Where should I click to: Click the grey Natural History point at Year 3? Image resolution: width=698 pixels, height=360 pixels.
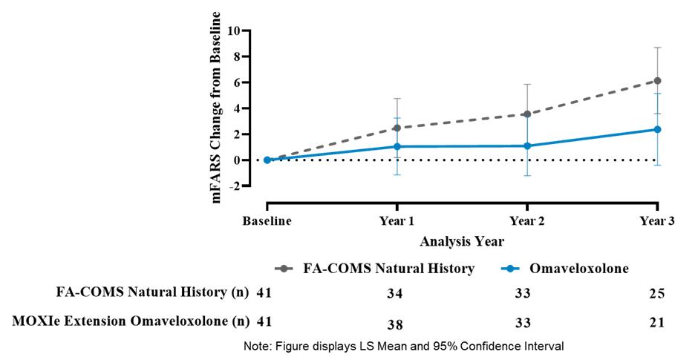tap(656, 81)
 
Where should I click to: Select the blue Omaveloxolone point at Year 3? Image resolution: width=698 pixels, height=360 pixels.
tap(656, 129)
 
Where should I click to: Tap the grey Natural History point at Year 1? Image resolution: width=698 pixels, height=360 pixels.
tap(397, 128)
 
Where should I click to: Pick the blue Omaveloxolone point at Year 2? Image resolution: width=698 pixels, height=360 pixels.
tap(526, 145)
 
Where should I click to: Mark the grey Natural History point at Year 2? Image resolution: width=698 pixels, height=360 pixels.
tap(526, 114)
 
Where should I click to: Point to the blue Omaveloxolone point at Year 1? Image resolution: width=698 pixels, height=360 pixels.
tap(397, 146)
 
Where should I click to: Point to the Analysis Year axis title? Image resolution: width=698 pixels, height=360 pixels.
tap(462, 241)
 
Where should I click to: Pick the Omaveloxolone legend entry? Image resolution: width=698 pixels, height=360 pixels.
tap(565, 269)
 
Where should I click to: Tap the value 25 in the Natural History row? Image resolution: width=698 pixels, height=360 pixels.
tap(656, 293)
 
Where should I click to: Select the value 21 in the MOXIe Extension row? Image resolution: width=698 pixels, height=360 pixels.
tap(656, 322)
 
